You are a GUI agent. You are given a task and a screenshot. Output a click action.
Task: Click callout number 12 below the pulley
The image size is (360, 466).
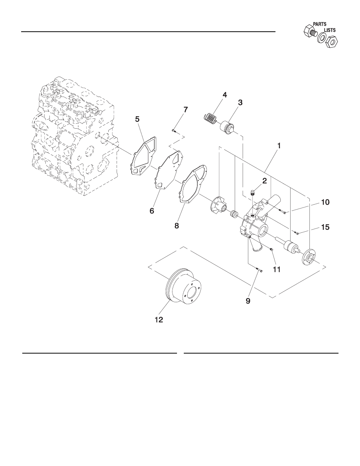159,320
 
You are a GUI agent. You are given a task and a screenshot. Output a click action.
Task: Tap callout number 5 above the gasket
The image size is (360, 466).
137,119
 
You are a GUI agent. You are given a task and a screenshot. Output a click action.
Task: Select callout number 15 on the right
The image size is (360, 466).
325,227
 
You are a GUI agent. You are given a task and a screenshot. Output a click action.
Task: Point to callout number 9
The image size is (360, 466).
248,301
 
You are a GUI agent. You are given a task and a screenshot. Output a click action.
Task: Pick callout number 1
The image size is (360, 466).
279,146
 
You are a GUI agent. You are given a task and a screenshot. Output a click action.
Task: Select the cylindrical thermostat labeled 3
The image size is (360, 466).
228,128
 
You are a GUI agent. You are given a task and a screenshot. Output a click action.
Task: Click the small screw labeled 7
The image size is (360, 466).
174,131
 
